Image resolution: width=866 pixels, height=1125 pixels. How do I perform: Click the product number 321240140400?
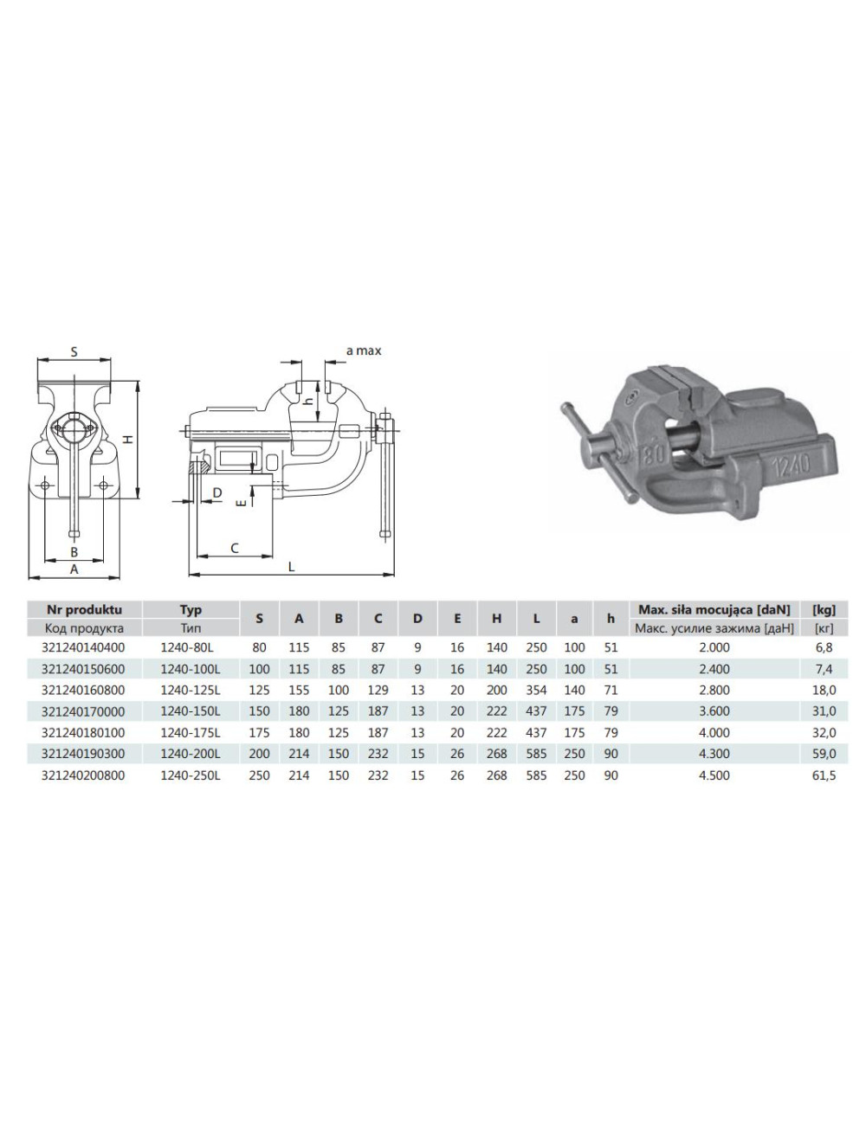83,647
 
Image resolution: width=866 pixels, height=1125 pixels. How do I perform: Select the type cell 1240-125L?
191,690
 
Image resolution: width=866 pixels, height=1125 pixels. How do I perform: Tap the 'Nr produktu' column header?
83,609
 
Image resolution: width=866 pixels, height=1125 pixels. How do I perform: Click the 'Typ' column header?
191,609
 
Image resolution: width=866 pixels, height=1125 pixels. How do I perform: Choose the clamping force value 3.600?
714,711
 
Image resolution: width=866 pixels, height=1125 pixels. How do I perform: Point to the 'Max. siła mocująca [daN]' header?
714,609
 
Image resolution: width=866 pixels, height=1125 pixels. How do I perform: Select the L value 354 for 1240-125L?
536,690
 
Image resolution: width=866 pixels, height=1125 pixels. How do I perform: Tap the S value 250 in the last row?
259,775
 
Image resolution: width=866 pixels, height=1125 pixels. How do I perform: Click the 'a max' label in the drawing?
363,350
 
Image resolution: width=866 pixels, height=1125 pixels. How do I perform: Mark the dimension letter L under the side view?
291,567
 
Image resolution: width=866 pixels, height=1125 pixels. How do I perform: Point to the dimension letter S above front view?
74,351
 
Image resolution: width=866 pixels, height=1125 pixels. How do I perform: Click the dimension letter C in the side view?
234,548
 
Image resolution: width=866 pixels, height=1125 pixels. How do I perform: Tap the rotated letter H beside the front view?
126,440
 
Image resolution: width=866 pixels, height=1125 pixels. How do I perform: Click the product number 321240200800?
83,775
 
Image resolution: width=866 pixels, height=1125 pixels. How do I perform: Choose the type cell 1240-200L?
191,754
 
